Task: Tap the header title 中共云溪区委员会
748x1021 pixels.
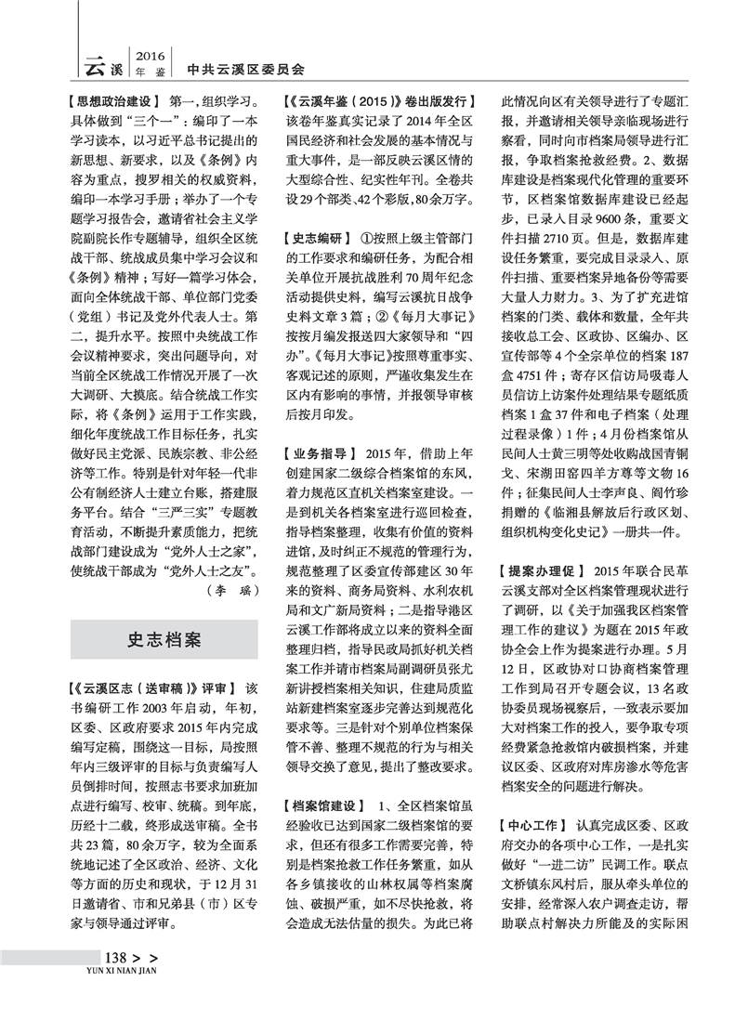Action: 245,69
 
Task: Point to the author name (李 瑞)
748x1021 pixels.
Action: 227,587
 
